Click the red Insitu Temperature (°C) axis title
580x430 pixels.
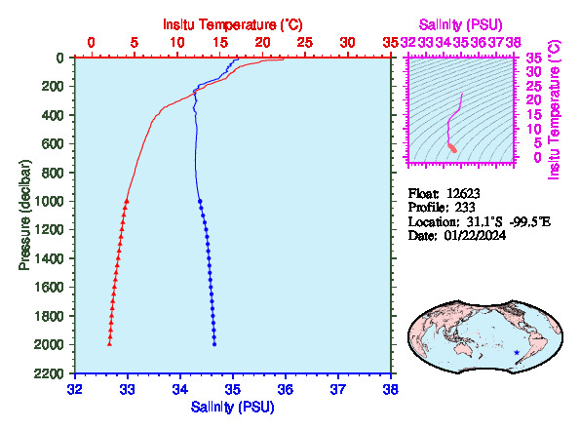[x=233, y=24]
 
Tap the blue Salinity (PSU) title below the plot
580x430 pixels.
[x=233, y=407]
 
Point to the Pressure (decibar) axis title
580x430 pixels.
[x=24, y=215]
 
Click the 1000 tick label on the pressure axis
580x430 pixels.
[x=49, y=201]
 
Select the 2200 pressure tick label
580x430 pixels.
[x=49, y=373]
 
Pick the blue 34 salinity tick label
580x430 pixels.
[x=180, y=390]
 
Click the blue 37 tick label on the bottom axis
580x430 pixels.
[x=338, y=390]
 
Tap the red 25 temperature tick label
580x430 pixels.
[x=305, y=43]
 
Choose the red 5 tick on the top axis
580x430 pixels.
[x=134, y=43]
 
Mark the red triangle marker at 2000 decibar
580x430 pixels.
[x=109, y=344]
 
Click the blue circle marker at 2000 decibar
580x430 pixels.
[x=214, y=344]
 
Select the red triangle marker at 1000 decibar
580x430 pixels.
[x=127, y=201]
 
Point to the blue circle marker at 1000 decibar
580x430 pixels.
[x=200, y=201]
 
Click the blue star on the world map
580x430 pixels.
[x=517, y=353]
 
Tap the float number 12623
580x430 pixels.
[x=463, y=193]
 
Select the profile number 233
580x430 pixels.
[x=465, y=208]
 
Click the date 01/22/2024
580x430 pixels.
[x=475, y=235]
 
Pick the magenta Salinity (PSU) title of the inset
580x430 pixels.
[x=460, y=24]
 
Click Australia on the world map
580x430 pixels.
[x=464, y=349]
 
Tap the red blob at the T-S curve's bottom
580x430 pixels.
[x=452, y=148]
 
